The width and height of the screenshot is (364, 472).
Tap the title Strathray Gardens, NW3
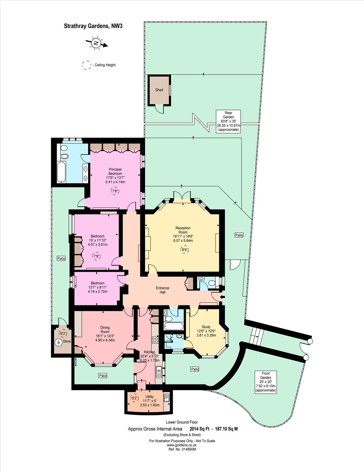coord(93,26)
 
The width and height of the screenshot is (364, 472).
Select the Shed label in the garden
coord(159,90)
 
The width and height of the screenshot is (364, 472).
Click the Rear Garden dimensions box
coord(228,121)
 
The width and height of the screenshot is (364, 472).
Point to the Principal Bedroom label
coord(115,176)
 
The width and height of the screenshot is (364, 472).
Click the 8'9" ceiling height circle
coord(185,250)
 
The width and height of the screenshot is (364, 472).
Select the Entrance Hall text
coord(162,290)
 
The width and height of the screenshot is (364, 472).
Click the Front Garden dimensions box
coord(265,381)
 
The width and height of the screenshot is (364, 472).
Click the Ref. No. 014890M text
coord(182,450)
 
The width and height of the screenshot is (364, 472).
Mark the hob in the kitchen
coord(155,340)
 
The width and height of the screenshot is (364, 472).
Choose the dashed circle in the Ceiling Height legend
coord(86,65)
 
